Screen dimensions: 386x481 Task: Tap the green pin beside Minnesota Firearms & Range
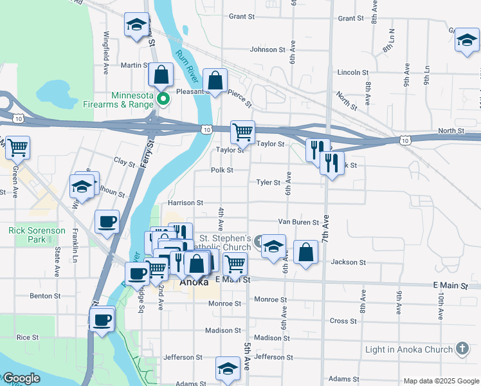(163, 98)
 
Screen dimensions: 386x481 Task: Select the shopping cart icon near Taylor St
(242, 133)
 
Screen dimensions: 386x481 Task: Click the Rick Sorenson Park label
(37, 235)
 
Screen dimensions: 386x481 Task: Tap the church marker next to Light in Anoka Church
(461, 349)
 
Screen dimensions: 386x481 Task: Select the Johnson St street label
(267, 50)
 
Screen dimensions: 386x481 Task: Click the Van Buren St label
(298, 222)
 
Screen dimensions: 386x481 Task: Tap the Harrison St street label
(185, 203)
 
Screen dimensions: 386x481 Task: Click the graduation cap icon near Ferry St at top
(136, 25)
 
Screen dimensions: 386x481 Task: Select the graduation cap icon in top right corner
(467, 41)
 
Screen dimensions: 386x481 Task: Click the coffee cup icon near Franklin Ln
(107, 222)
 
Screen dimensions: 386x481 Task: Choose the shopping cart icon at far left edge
(17, 147)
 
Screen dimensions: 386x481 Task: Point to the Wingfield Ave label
(106, 47)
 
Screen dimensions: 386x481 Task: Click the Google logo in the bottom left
(21, 379)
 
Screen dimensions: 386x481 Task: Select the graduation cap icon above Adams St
(228, 369)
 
